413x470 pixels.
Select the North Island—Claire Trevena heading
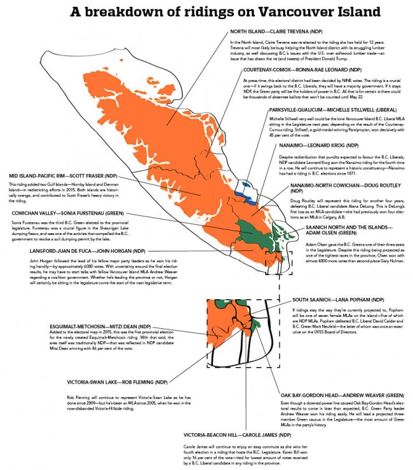point(275,31)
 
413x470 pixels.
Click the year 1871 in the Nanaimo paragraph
point(362,172)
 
